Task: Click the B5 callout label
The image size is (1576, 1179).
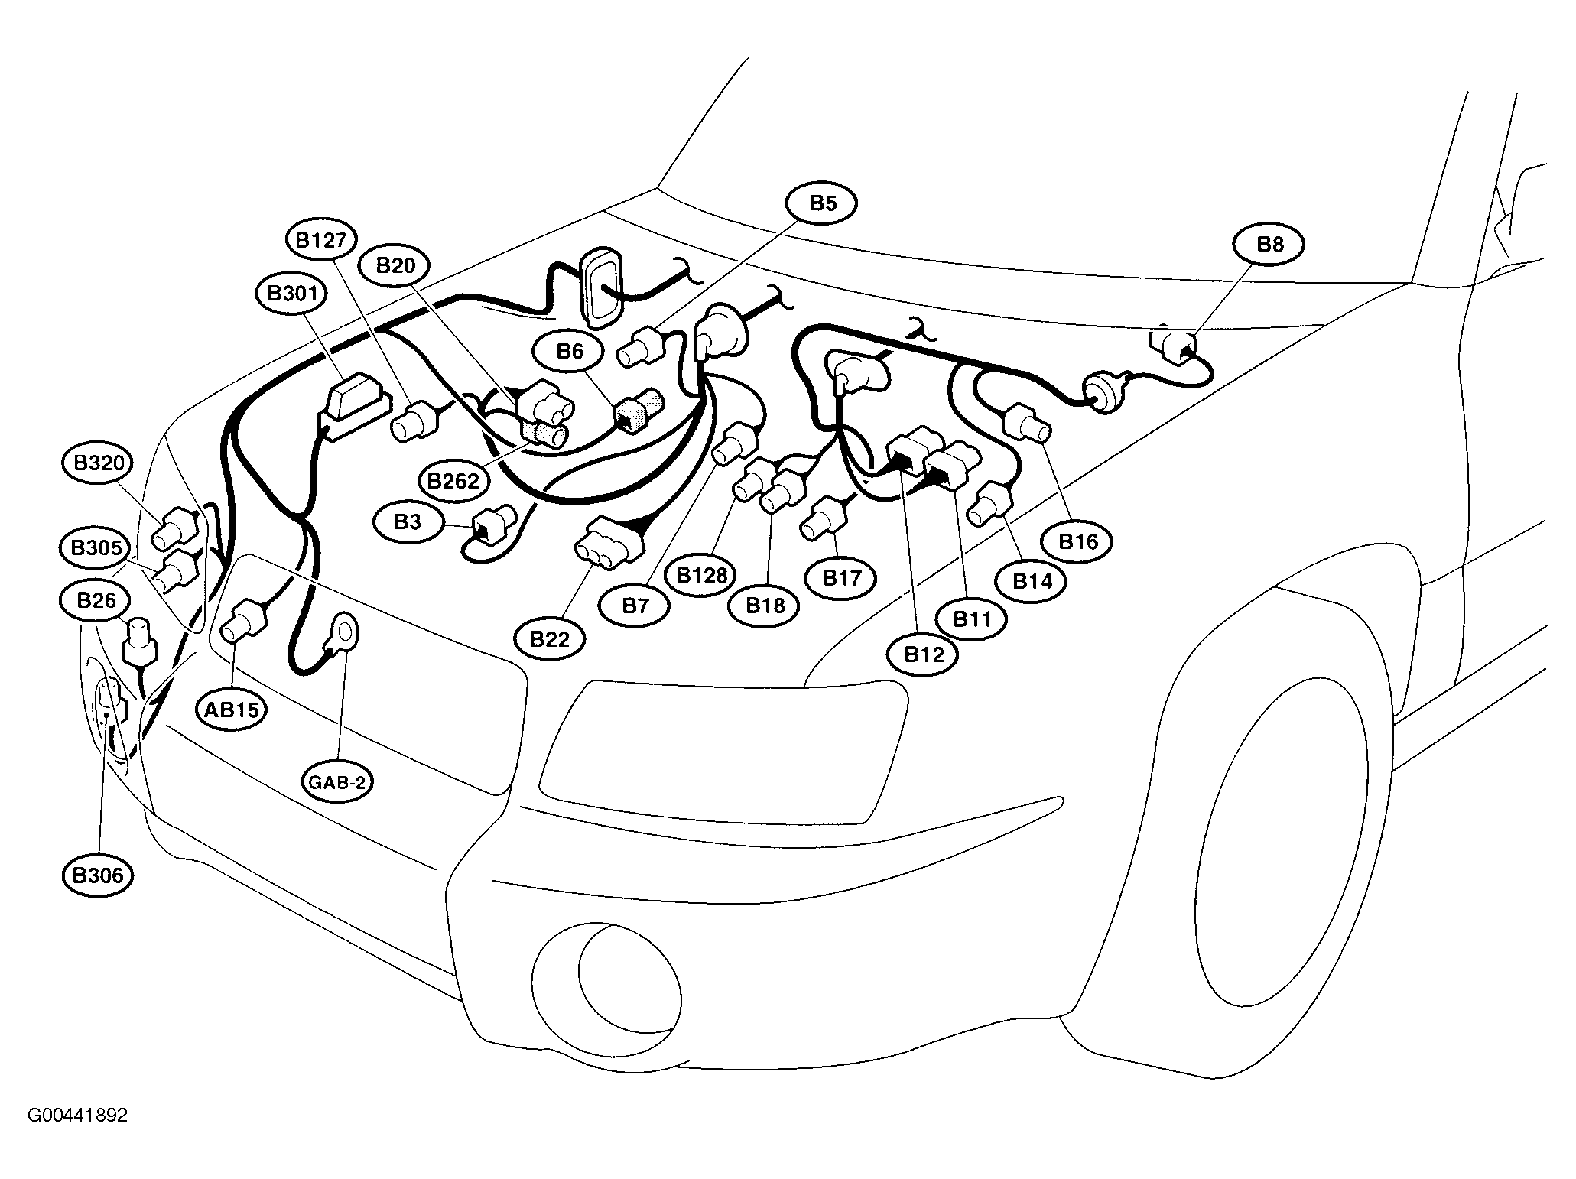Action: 822,203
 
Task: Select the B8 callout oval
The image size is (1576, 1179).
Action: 1269,244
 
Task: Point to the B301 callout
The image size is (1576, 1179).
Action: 293,294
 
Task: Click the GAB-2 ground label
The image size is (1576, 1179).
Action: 337,781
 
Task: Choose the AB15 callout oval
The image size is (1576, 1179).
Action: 232,710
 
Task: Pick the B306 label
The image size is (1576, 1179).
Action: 98,875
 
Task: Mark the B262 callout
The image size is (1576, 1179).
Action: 453,481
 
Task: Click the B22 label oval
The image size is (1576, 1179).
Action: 550,638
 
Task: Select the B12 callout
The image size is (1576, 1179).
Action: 923,654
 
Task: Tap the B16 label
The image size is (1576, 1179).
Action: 1077,542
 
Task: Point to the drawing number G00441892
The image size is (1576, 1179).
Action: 78,1116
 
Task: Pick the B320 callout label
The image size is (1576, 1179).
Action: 98,463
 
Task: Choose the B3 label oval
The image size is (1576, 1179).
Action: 408,522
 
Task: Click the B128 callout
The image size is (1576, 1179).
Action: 701,574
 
